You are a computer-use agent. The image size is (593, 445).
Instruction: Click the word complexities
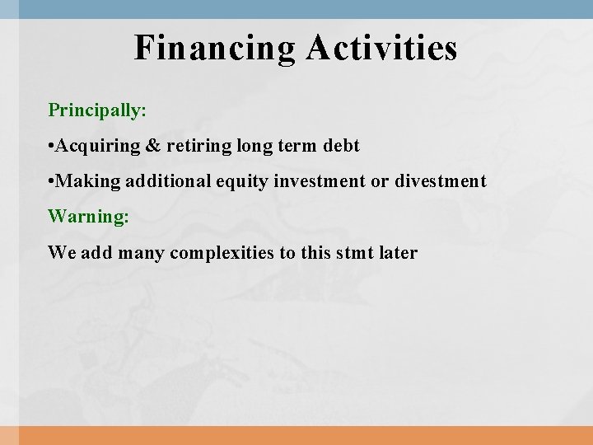222,252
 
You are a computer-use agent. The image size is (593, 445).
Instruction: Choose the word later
399,252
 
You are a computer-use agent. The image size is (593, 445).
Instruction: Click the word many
142,252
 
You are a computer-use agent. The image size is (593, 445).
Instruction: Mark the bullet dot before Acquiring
51,147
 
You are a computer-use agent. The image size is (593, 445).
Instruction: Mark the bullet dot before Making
51,182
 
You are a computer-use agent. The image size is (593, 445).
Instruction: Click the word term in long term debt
296,146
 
